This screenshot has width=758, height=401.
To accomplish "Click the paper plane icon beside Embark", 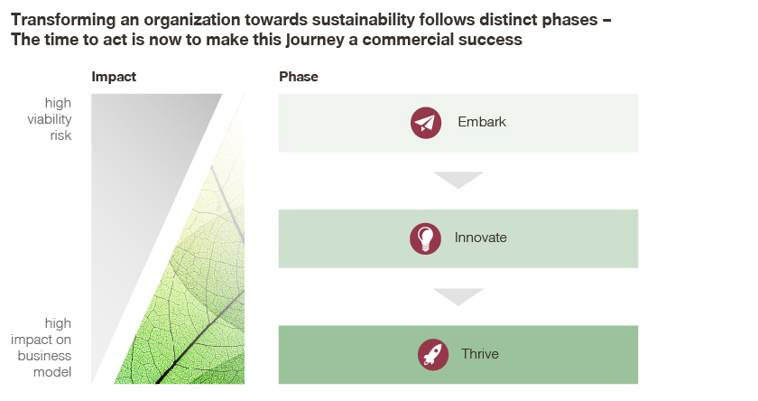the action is (x=426, y=123).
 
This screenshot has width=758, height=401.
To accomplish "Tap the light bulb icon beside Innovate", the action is (x=425, y=238).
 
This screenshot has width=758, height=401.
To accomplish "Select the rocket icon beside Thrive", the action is (x=433, y=355).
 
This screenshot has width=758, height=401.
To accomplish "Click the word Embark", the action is (x=482, y=122).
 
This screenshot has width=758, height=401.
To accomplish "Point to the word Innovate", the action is (x=480, y=238).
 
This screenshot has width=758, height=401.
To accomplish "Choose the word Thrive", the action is (x=480, y=354).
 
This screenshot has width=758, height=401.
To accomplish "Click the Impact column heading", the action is (x=114, y=77).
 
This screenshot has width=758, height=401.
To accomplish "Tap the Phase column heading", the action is (x=299, y=77).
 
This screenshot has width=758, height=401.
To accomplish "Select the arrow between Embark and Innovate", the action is (x=458, y=180).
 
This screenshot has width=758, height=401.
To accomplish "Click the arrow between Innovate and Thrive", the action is (x=458, y=297).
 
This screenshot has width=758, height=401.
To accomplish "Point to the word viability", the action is (x=50, y=119).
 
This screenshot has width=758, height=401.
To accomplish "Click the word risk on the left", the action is (x=61, y=135).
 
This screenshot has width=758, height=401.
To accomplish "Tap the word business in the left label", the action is (x=44, y=356).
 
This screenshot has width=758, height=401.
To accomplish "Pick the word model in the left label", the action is (x=52, y=372).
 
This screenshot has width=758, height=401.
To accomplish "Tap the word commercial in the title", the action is (x=408, y=40).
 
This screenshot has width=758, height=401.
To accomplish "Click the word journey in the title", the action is (x=315, y=40).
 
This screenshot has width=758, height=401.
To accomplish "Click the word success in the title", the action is (x=490, y=40).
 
